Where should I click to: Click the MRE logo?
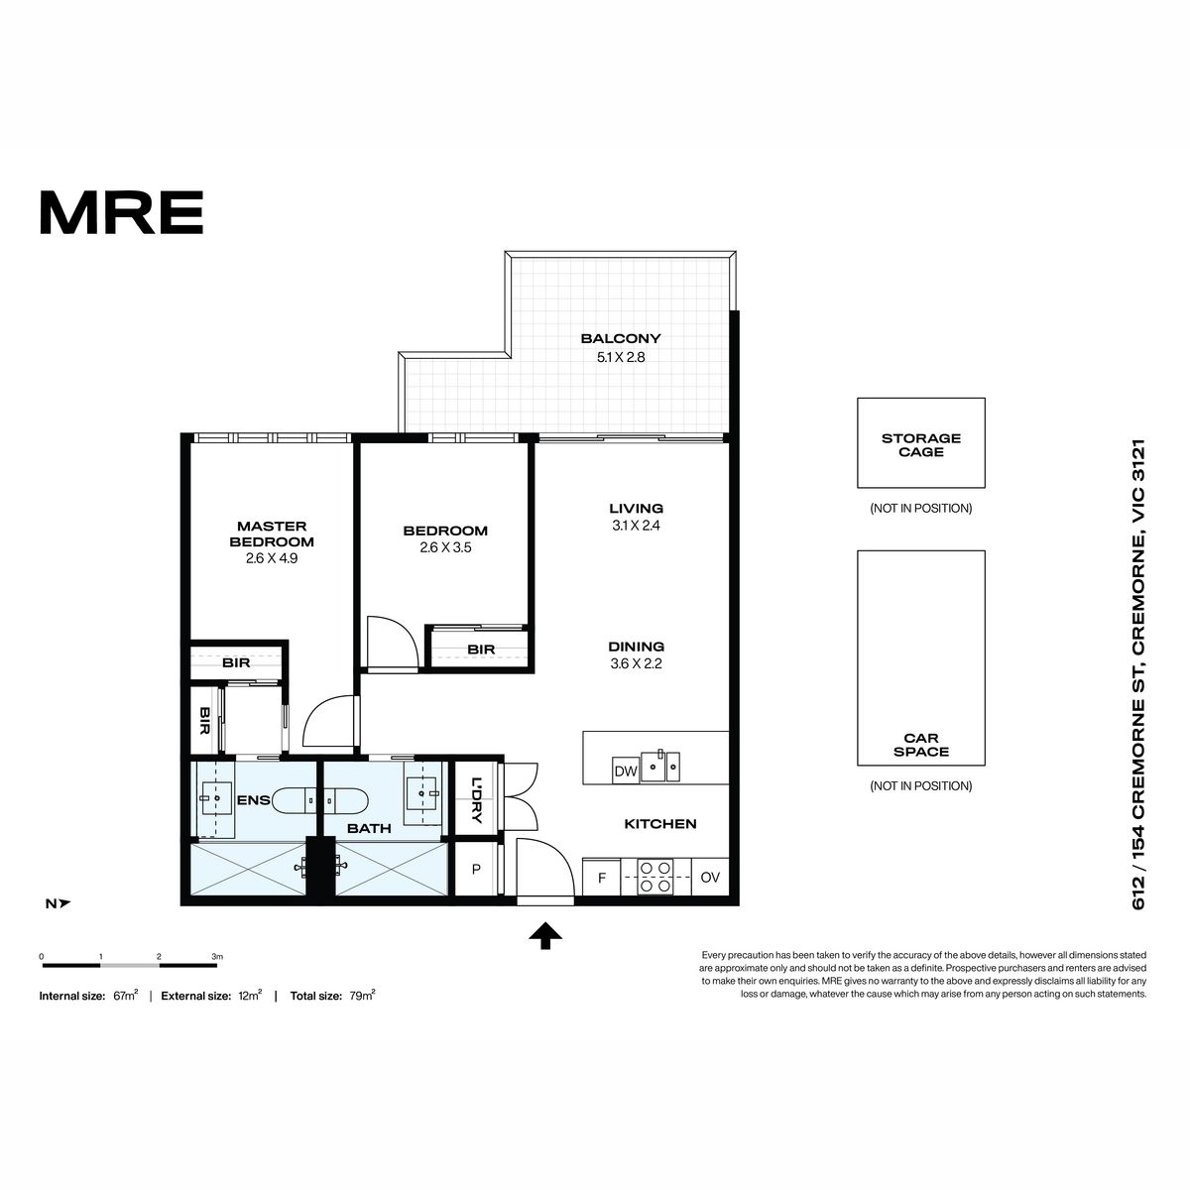[x=122, y=212]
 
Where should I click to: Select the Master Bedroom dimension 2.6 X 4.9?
[x=272, y=558]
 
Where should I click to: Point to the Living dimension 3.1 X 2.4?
[x=636, y=526]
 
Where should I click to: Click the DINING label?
[x=636, y=647]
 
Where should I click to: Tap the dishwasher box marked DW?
[x=626, y=771]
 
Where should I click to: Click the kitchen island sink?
[x=660, y=766]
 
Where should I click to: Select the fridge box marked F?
[x=602, y=878]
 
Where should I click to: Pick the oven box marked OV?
[x=710, y=877]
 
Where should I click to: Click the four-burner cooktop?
[x=655, y=878]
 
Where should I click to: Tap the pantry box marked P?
[x=476, y=869]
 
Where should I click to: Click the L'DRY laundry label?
[x=476, y=800]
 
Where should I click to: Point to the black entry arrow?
[x=545, y=935]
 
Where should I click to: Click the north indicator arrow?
[x=64, y=903]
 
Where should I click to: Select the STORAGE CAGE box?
[x=920, y=442]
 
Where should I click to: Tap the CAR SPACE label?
[x=920, y=745]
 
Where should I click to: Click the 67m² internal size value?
[x=125, y=995]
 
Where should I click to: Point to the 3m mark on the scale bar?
[x=217, y=957]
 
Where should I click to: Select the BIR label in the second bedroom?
[x=481, y=650]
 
